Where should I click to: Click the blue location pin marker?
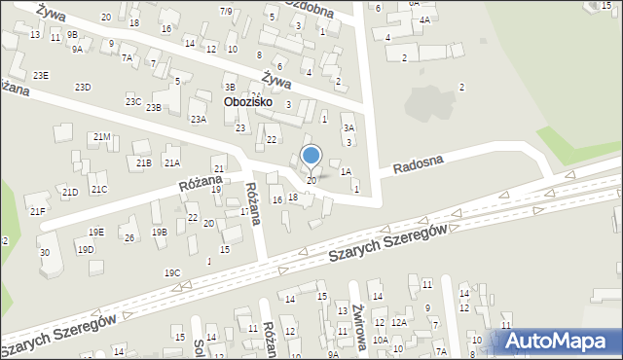(311, 156)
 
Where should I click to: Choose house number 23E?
(40, 75)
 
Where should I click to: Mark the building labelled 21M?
(101, 137)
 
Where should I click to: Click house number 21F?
(38, 211)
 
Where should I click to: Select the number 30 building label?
(44, 253)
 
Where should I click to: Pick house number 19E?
(95, 232)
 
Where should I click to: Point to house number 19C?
(172, 273)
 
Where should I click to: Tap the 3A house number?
(348, 127)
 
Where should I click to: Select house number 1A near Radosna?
(346, 171)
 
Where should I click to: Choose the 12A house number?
(398, 322)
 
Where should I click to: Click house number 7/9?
(226, 11)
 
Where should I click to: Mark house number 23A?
(198, 119)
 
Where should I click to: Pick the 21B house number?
(143, 162)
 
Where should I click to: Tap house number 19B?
(159, 232)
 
